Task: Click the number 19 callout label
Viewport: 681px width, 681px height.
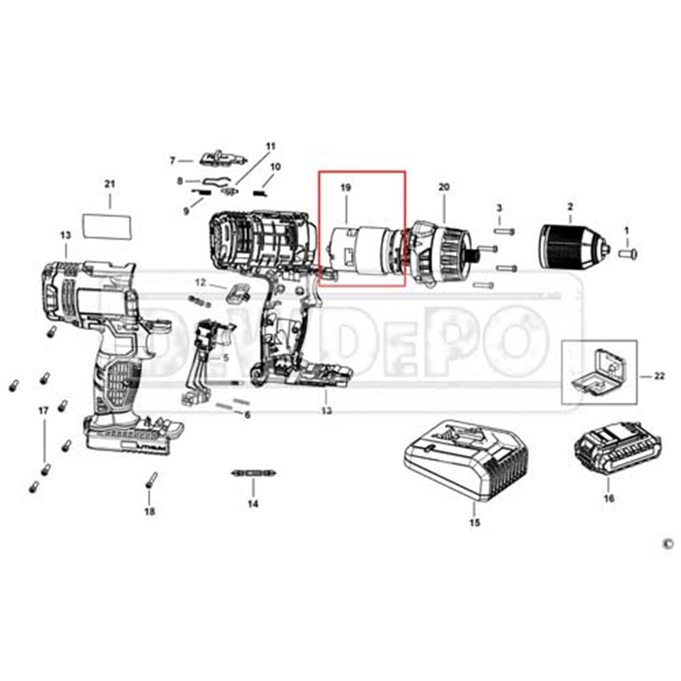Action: click(345, 188)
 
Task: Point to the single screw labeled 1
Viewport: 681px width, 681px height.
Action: click(627, 251)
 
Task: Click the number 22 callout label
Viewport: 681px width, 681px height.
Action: click(659, 375)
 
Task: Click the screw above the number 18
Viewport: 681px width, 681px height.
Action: click(150, 480)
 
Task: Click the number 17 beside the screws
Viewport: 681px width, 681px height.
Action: click(43, 411)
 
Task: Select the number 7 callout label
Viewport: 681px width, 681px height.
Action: click(172, 160)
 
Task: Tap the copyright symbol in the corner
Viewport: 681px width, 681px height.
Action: click(666, 543)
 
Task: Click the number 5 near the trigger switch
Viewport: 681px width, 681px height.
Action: click(226, 358)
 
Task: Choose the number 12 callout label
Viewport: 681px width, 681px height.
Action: click(200, 282)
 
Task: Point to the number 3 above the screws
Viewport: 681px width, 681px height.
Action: click(499, 208)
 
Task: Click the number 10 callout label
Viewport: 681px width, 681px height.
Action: click(275, 167)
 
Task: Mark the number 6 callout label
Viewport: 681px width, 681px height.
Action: click(247, 414)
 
